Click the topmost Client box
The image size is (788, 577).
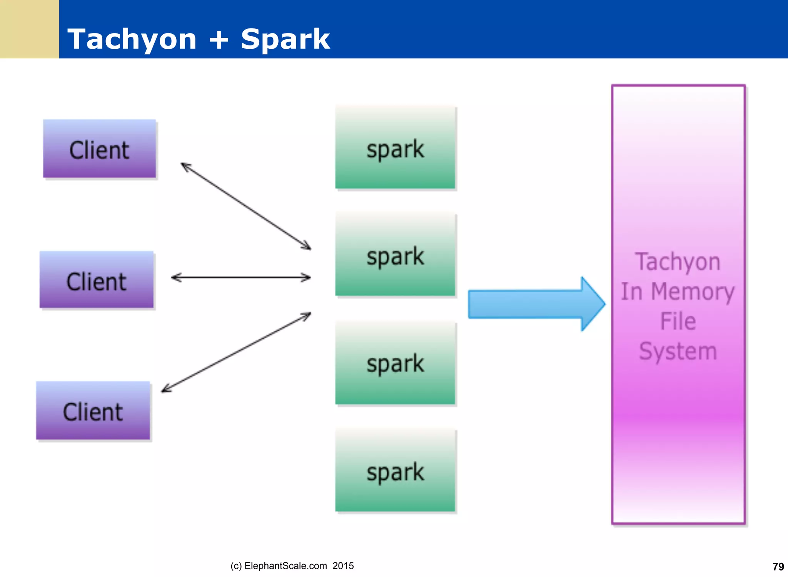click(x=100, y=149)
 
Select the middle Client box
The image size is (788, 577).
click(x=97, y=280)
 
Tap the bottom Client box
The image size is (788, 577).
click(x=93, y=411)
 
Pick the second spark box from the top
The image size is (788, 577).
click(x=395, y=255)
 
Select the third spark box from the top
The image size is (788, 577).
click(x=395, y=363)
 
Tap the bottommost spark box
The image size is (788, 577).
click(x=395, y=471)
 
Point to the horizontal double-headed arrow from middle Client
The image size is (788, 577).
click(x=241, y=277)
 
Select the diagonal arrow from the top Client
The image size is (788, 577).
click(x=246, y=206)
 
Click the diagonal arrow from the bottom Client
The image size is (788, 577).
click(x=236, y=352)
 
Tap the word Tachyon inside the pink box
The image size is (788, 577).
click(x=678, y=262)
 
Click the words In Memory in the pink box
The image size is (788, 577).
click(x=678, y=292)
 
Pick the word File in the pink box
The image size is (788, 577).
click(x=678, y=321)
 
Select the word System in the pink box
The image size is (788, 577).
click(x=678, y=351)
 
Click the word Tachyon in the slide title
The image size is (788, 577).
click(x=132, y=39)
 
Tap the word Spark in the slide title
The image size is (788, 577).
click(x=285, y=39)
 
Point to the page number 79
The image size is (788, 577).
click(x=778, y=567)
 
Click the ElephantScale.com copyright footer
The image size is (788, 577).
click(x=292, y=566)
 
